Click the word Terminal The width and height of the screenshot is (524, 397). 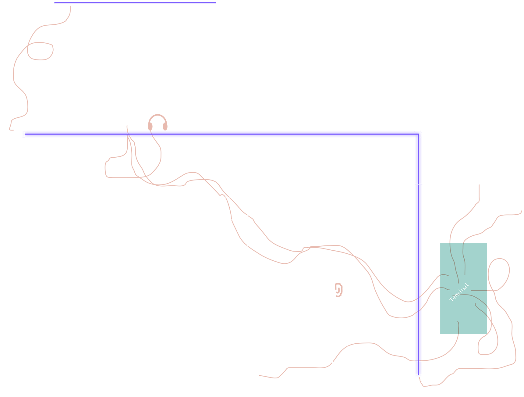tap(459, 292)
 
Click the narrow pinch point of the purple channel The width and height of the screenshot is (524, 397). tap(418, 184)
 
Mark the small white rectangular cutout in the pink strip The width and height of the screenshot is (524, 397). tap(159, 180)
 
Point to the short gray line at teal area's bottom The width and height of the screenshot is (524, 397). tap(458, 328)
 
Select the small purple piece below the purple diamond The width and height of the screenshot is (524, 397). tap(415, 368)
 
